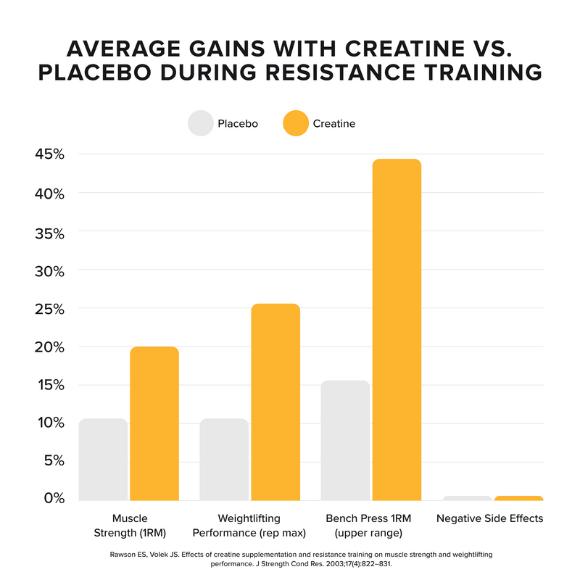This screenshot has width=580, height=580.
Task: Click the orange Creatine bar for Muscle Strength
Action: (154, 423)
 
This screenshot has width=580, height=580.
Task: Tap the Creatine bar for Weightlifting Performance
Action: (275, 402)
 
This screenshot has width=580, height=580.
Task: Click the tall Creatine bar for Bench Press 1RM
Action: (397, 329)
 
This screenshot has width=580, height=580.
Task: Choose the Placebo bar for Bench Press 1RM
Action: (345, 440)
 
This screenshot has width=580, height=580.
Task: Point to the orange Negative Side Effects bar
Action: (518, 498)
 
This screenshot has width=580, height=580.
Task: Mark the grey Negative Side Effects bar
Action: (467, 498)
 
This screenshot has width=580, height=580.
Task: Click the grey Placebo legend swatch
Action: (200, 123)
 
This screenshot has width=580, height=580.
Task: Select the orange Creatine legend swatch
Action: (295, 123)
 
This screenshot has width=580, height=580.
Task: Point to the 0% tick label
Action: (55, 499)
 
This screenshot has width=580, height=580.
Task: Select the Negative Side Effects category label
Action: (489, 519)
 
